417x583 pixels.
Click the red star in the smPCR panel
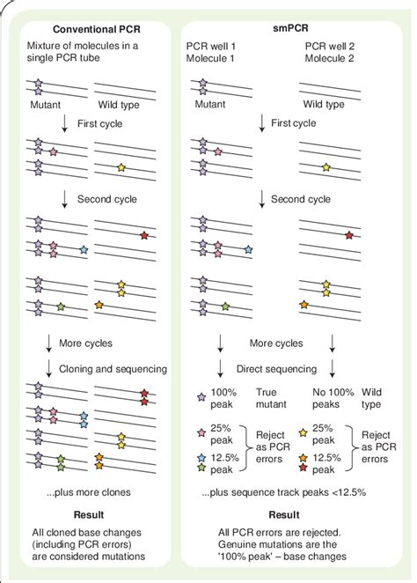click(x=349, y=235)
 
